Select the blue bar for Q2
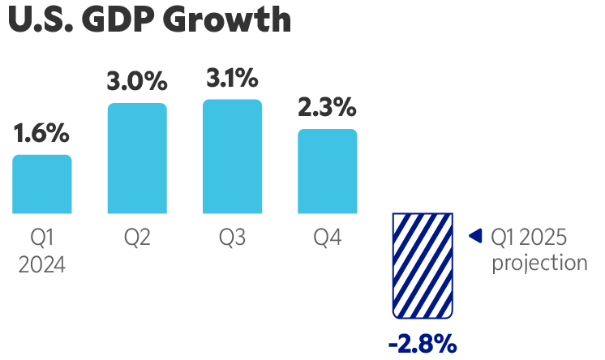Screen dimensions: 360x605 pyautogui.click(x=137, y=158)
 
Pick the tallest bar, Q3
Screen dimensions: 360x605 pyautogui.click(x=232, y=156)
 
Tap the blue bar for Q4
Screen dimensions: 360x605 pyautogui.click(x=327, y=171)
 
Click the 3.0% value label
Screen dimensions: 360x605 pyautogui.click(x=137, y=83)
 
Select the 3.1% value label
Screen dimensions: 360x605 pyautogui.click(x=232, y=79)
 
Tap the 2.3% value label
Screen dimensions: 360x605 pyautogui.click(x=327, y=106)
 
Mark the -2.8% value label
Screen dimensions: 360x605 pyautogui.click(x=423, y=341)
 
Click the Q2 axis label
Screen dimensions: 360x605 pyautogui.click(x=137, y=238)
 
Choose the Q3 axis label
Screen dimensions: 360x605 pyautogui.click(x=232, y=238)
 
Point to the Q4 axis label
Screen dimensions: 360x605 pyautogui.click(x=327, y=238)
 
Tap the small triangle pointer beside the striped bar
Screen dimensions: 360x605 pyautogui.click(x=476, y=237)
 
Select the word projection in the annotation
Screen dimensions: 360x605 pyautogui.click(x=539, y=264)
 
